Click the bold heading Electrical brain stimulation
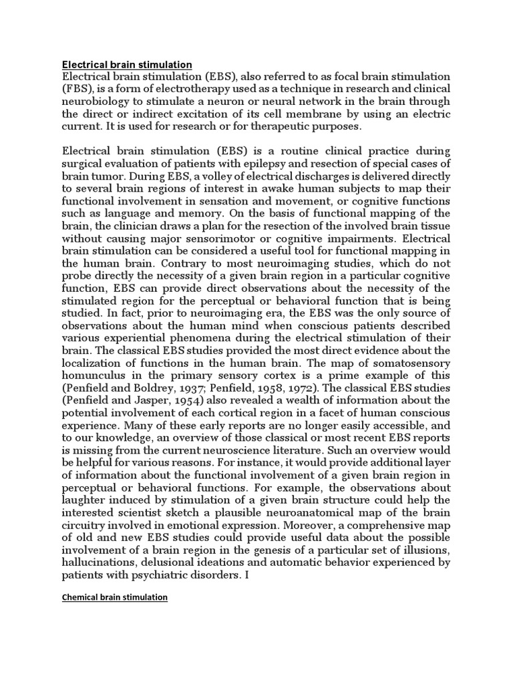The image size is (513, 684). pos(127,65)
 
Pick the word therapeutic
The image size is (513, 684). pos(291,126)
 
